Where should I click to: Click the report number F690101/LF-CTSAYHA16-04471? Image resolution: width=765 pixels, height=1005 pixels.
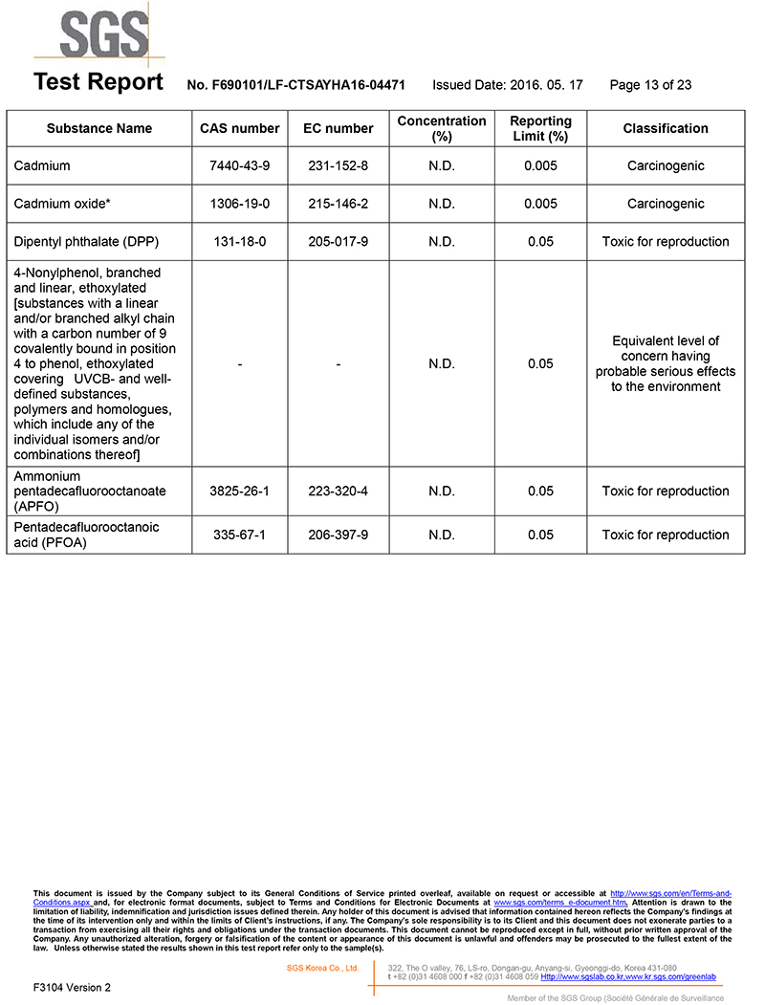[295, 85]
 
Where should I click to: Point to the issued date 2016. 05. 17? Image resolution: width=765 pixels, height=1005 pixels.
[508, 85]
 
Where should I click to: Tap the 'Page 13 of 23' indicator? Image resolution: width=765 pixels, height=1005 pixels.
[650, 85]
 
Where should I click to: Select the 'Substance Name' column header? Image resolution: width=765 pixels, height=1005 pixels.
[99, 128]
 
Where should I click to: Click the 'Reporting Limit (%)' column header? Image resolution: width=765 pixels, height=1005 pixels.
[540, 128]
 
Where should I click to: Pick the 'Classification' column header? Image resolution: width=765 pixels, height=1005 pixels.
[666, 128]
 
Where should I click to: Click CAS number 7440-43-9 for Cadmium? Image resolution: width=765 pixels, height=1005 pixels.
[239, 165]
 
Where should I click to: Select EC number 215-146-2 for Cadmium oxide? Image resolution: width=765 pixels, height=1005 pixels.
[339, 204]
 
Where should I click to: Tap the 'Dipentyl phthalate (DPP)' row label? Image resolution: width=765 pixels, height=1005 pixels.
[85, 242]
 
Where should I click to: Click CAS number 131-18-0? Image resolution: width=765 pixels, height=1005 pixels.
[239, 242]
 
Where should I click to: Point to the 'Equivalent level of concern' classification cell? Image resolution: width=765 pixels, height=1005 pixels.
[666, 363]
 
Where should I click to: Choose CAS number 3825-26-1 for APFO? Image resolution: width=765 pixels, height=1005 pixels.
[239, 491]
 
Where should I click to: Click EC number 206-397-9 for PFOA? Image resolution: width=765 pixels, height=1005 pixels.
[339, 535]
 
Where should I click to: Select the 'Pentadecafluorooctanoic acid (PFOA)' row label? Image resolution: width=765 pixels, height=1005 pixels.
[86, 535]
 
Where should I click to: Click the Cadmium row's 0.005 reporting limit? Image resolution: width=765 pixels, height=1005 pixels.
[540, 165]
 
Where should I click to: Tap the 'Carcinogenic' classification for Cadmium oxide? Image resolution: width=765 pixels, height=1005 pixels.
[666, 204]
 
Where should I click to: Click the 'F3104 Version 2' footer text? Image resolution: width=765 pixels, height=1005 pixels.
[72, 987]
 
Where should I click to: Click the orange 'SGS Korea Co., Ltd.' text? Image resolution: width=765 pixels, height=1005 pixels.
[322, 969]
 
